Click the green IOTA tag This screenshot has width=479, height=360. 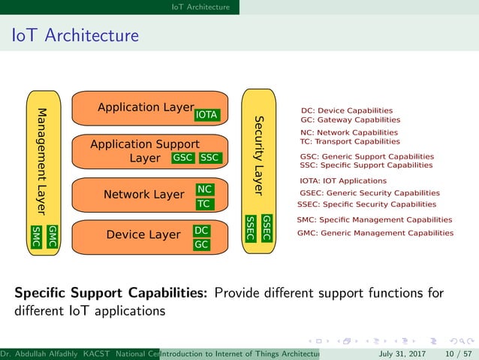206,115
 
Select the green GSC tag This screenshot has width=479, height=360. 183,158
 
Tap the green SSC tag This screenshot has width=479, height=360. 210,158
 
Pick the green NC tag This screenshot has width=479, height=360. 203,189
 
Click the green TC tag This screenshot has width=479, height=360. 203,204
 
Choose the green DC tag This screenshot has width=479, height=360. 201,231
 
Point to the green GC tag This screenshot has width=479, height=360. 201,244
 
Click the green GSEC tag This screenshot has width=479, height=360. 266,228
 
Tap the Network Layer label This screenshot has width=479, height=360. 143,195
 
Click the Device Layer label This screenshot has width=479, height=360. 143,234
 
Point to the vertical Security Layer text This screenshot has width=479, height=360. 258,155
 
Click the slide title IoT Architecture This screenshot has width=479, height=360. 74,35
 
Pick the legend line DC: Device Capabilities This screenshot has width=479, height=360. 346,110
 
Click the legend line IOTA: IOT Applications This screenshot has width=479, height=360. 342,180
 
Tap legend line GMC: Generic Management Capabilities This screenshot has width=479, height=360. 375,233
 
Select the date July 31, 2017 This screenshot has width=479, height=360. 402,353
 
